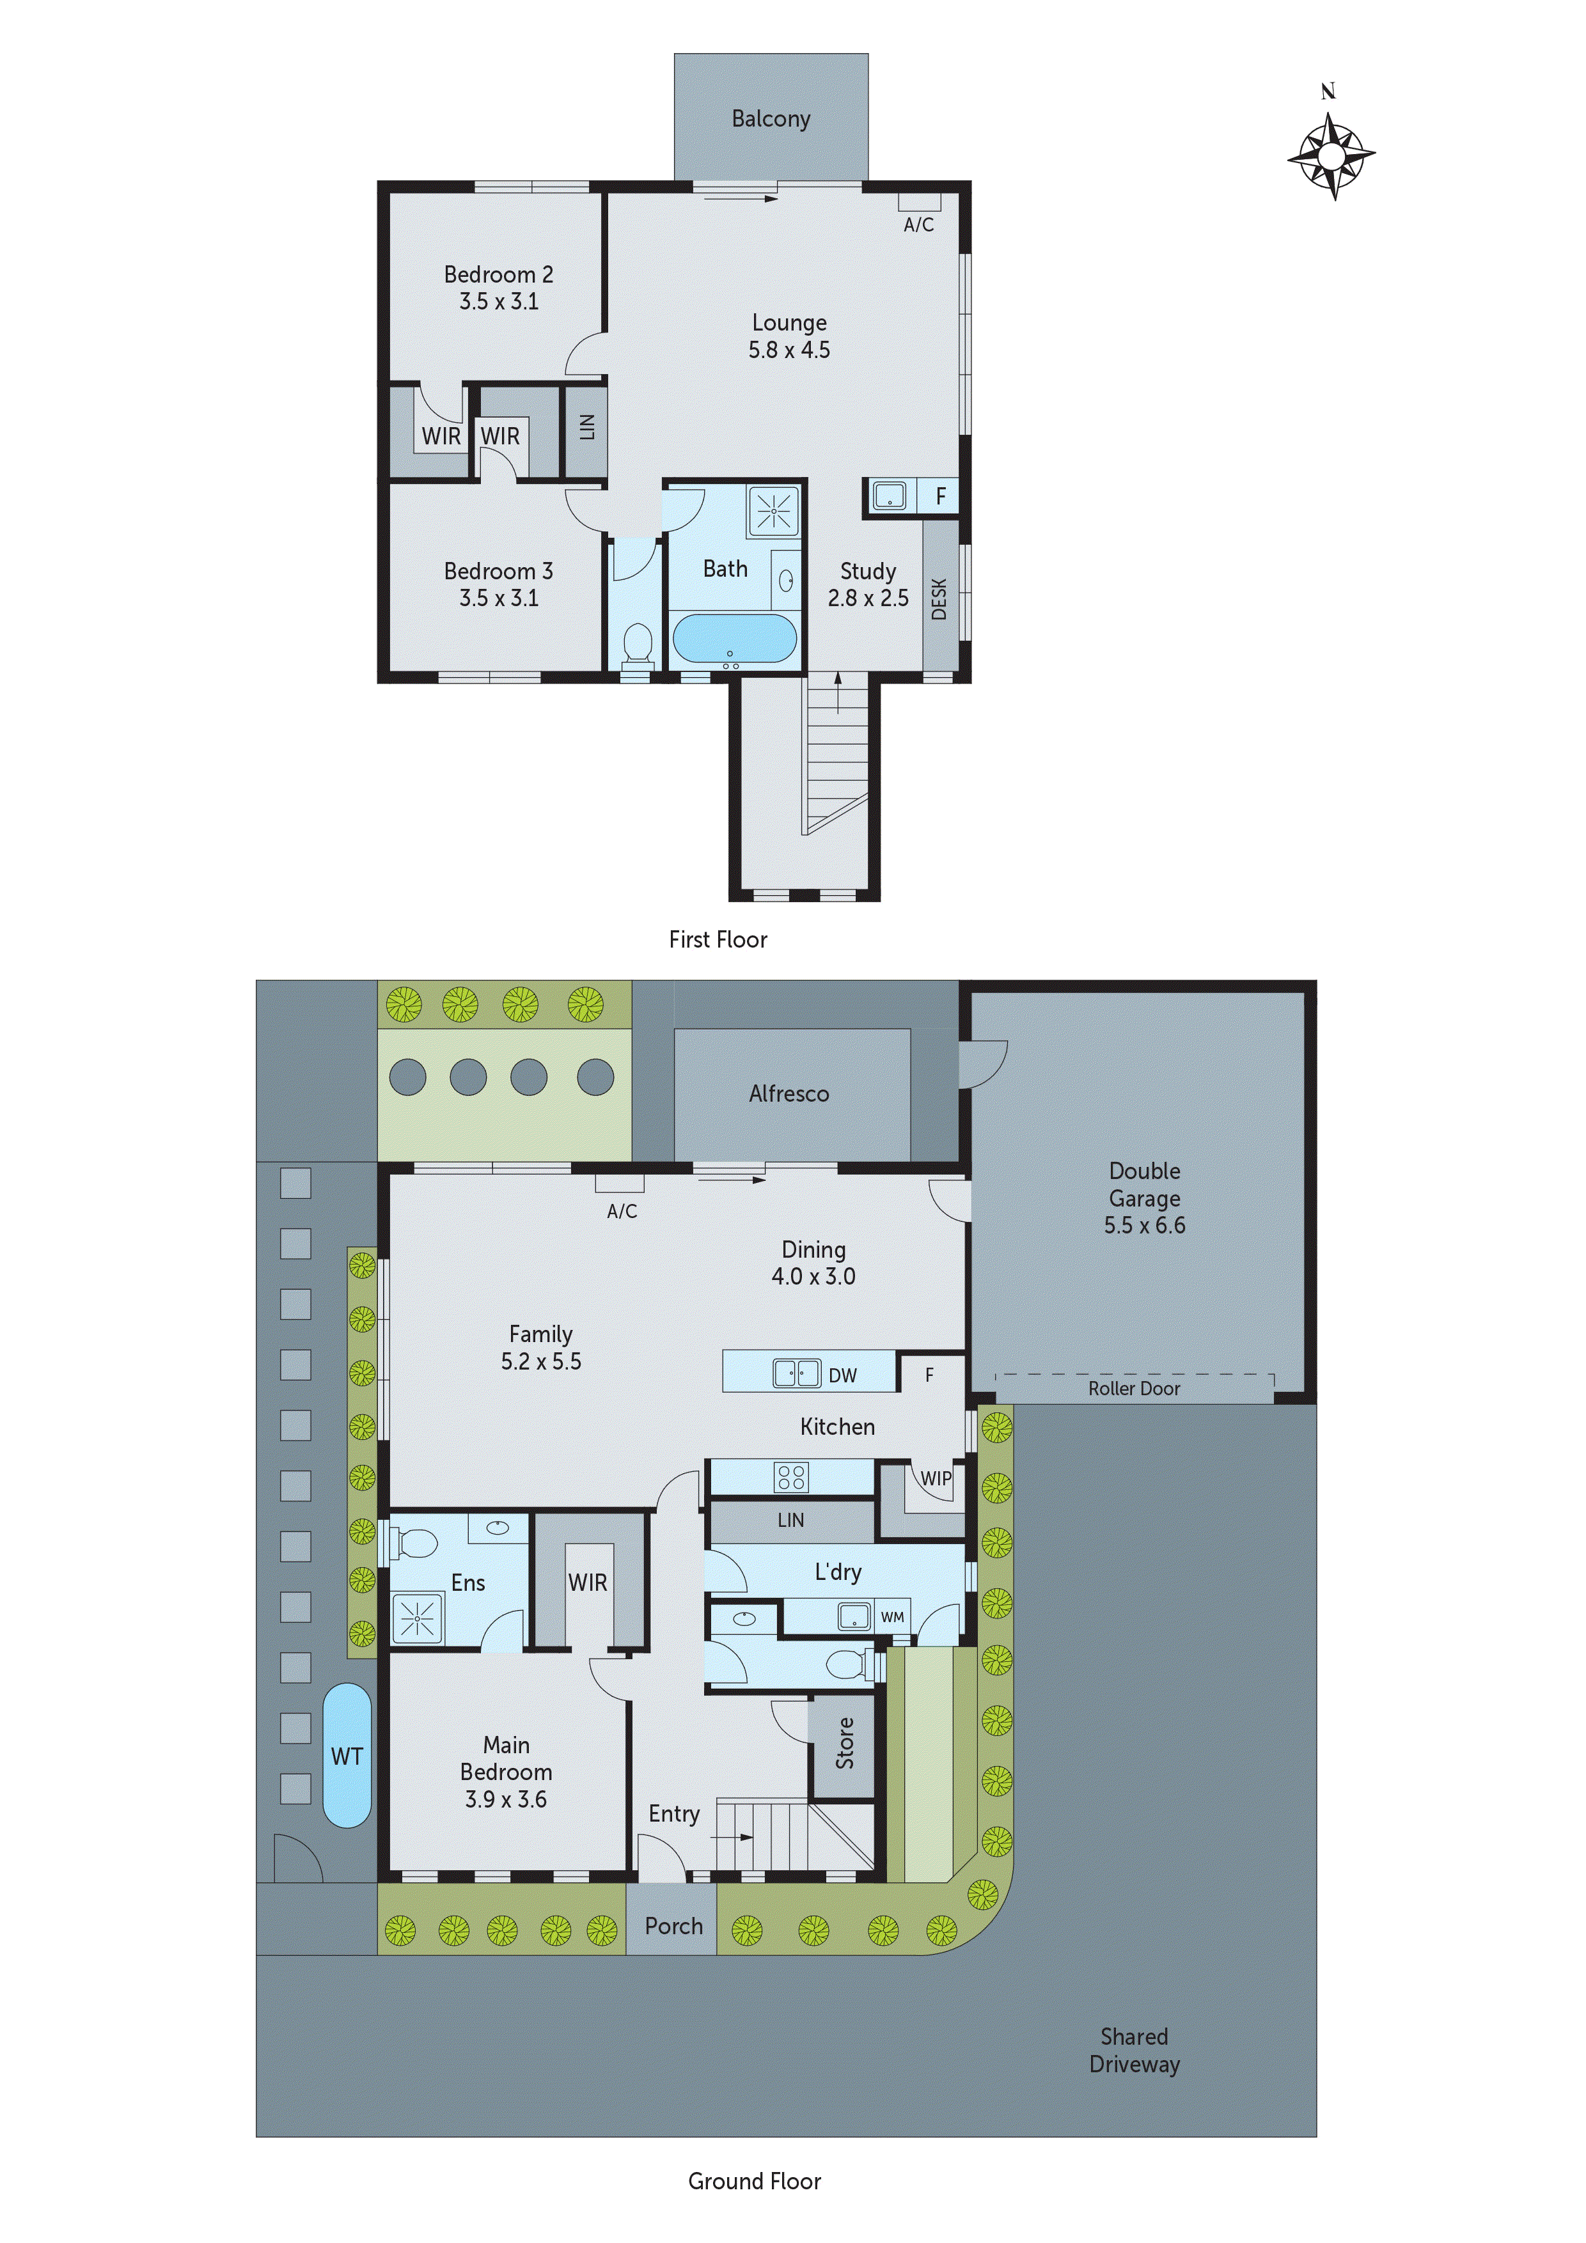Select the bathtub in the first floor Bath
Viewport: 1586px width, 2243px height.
(x=734, y=638)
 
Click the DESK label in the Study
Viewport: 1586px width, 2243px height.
(x=939, y=599)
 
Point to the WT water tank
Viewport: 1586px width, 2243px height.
(x=347, y=1756)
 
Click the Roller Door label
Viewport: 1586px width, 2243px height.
(x=1134, y=1388)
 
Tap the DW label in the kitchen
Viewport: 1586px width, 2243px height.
(x=842, y=1375)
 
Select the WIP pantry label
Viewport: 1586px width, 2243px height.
(x=935, y=1478)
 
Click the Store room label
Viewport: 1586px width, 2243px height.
(x=844, y=1743)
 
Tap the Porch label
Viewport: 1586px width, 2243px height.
(x=673, y=1925)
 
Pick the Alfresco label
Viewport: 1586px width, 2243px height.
(x=789, y=1094)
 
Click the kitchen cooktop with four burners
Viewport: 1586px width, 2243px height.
(x=790, y=1476)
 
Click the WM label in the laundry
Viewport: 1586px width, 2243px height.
(x=892, y=1617)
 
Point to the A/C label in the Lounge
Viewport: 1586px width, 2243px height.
(x=918, y=224)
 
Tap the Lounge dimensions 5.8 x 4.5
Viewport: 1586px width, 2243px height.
(x=789, y=350)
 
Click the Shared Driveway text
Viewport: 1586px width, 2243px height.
(x=1134, y=2051)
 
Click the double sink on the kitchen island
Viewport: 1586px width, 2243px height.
(x=796, y=1373)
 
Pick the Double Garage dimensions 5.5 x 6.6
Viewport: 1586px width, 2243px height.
(x=1144, y=1225)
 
